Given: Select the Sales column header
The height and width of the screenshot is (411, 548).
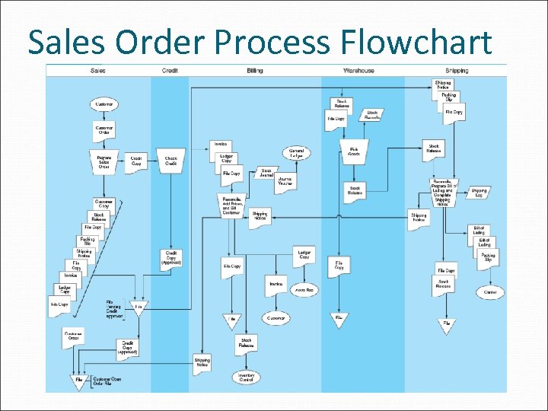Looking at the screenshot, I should point(98,71).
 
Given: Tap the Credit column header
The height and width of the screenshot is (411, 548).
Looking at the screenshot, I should point(170,71).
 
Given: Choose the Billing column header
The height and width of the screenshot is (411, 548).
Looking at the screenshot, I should point(255,71).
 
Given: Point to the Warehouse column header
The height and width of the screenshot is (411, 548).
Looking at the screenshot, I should point(358,71).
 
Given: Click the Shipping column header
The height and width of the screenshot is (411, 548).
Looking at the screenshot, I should point(457,71).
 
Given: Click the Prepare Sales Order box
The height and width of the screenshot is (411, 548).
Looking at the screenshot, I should point(104,161).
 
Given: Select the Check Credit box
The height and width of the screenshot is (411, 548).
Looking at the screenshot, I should point(171,161).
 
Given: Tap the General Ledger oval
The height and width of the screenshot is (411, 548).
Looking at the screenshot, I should point(297,154).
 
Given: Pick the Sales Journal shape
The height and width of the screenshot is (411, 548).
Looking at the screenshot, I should point(266,174).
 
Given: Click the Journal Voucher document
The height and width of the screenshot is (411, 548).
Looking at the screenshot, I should point(285,182).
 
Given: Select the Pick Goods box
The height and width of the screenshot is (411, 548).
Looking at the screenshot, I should point(354,151).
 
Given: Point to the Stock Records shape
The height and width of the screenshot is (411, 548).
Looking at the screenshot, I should point(372,116).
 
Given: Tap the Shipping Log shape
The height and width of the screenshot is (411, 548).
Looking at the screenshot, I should point(479,193).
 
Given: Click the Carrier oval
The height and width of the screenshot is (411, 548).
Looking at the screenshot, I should point(489,292).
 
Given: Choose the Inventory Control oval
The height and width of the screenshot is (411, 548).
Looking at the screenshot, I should point(246,377).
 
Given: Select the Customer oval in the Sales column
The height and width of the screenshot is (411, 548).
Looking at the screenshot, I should point(104,104).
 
